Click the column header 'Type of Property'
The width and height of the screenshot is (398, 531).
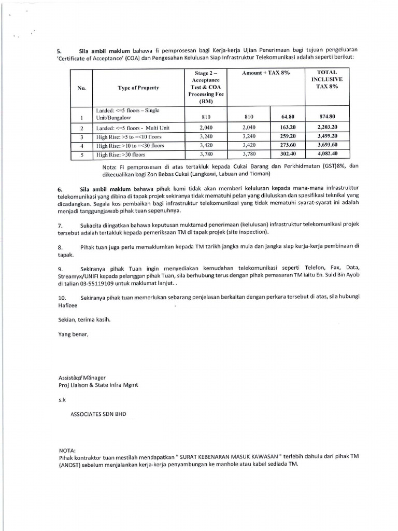pos(138,88)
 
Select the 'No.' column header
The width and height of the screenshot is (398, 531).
pos(81,88)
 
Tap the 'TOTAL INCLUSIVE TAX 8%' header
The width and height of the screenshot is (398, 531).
pos(327,79)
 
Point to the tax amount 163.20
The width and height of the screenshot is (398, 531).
pos(288,127)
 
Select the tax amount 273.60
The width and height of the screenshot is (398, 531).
pos(288,145)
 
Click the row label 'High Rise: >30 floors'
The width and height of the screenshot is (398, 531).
pos(121,155)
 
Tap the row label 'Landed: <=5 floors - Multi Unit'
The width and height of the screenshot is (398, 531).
pos(133,128)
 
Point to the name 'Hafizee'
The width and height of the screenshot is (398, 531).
pos(67,305)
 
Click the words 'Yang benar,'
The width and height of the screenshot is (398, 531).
pos(73,334)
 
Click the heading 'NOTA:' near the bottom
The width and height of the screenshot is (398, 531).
pos(67,451)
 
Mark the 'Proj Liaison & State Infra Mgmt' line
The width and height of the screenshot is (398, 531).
pos(98,385)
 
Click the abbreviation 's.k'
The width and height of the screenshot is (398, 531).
pos(62,400)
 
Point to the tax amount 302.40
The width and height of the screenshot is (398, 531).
pos(288,154)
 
